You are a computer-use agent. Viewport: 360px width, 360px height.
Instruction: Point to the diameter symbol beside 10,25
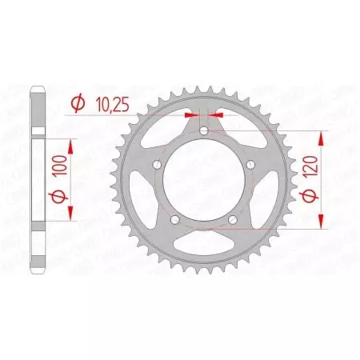[x=79, y=102]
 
